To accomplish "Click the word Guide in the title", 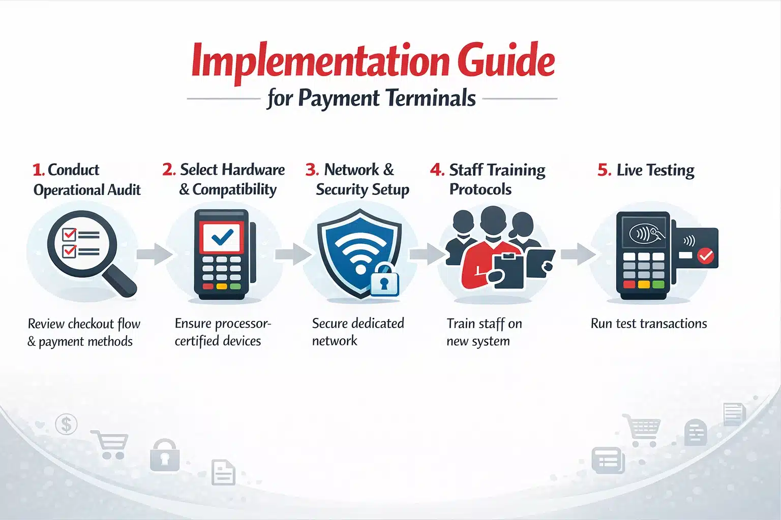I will click(x=505, y=61).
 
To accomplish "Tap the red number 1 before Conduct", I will click(x=37, y=170).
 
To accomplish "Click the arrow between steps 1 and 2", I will click(x=154, y=254).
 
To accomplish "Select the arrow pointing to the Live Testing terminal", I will click(x=578, y=254).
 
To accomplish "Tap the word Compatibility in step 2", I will click(x=234, y=189).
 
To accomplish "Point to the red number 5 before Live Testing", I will click(x=604, y=170).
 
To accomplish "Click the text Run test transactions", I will click(x=648, y=323).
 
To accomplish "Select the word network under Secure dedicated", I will click(x=335, y=341).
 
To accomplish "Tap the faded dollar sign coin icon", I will click(x=66, y=424).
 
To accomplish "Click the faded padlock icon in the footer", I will click(x=165, y=455).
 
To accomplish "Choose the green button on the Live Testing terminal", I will click(x=658, y=284).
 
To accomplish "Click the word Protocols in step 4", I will click(x=480, y=189).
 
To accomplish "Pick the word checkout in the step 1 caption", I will click(x=92, y=323).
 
